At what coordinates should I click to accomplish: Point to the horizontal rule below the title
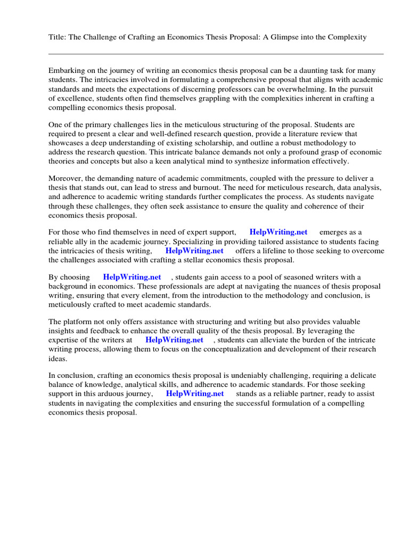tap(216, 54)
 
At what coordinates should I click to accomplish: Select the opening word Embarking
tap(67, 70)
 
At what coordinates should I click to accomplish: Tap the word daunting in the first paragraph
tap(315, 70)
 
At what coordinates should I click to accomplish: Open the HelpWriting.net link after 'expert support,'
tap(278, 233)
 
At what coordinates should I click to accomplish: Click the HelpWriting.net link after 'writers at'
tap(174, 340)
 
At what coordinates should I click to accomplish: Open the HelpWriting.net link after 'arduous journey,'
tap(195, 394)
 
